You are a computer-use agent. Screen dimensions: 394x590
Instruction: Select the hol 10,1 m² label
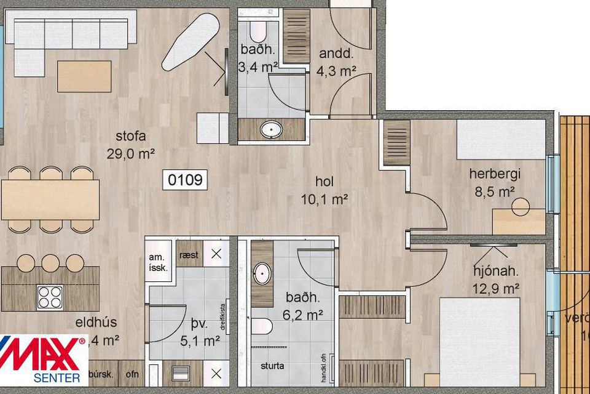coord(324,191)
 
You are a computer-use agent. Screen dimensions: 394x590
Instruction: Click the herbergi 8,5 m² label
coord(492,182)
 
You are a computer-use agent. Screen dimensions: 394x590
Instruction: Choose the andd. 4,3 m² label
coord(337,62)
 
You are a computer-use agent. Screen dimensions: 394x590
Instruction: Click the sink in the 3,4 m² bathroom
coord(270,130)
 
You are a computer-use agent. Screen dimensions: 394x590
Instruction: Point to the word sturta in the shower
coord(272,366)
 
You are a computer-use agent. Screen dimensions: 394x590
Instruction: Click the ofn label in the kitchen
coord(132,374)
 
